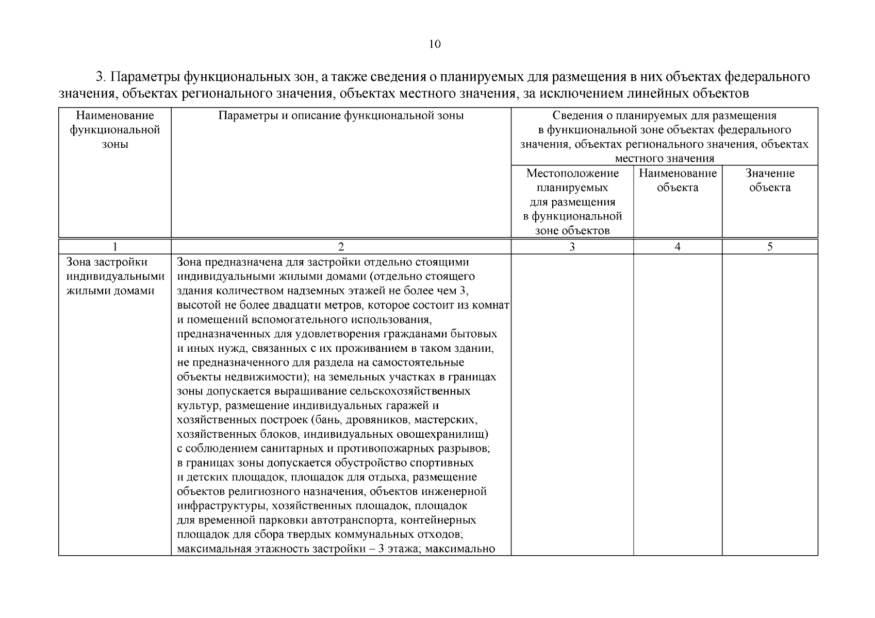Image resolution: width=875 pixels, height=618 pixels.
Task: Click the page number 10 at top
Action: (x=435, y=44)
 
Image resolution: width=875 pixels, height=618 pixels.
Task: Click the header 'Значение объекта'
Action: (x=769, y=180)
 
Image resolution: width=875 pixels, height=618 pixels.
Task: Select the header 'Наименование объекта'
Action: (x=678, y=180)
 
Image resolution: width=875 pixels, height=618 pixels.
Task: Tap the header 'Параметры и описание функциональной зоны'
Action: (x=341, y=115)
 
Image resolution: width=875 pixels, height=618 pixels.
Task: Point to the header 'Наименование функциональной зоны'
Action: (x=115, y=130)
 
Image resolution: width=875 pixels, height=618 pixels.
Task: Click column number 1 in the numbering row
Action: (x=115, y=247)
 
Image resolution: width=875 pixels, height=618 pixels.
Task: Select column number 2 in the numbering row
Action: (x=341, y=247)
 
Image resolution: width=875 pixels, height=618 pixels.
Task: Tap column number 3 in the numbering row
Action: (x=572, y=247)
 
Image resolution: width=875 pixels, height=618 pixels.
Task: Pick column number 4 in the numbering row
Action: (x=678, y=247)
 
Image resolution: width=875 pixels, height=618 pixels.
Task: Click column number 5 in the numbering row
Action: (x=769, y=247)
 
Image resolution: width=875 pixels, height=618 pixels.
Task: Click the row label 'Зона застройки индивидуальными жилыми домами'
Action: (x=115, y=277)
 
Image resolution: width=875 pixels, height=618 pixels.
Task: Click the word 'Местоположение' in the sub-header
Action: (x=572, y=173)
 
